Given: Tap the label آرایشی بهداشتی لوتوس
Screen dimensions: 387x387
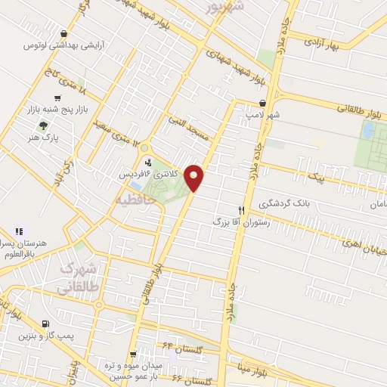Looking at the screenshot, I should [54, 46].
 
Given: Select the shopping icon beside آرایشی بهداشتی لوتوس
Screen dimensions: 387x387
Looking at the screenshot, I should [66, 33].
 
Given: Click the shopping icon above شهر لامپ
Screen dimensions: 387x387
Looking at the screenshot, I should [262, 103].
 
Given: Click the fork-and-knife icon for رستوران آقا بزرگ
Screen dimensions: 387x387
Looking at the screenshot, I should [242, 210].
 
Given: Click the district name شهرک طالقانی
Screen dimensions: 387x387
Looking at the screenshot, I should [79, 277].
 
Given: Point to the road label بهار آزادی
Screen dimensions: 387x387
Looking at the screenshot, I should [323, 43].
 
